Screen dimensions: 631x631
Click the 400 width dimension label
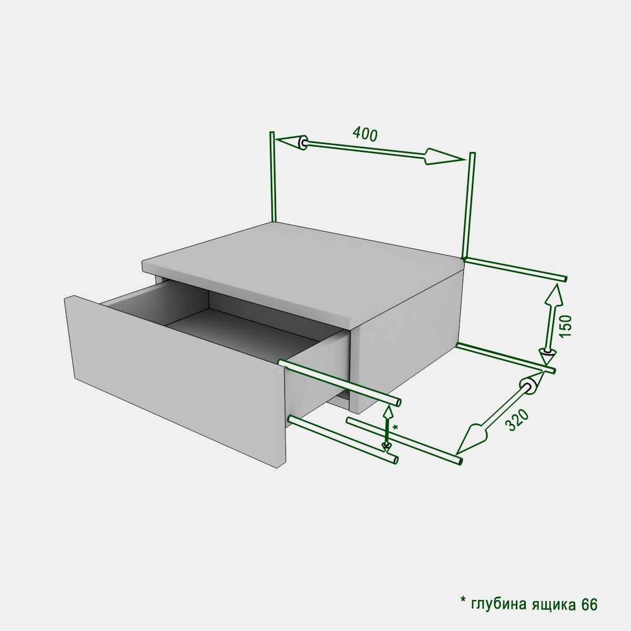365,134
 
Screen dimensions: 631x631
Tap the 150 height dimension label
565,326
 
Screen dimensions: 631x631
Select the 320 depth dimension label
517,420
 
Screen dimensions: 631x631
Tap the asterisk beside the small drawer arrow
395,428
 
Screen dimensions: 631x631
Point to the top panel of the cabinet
303,269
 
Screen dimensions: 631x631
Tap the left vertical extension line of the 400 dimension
273,177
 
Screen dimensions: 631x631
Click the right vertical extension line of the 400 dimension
469,205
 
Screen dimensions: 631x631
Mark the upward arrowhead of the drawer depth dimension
388,413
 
